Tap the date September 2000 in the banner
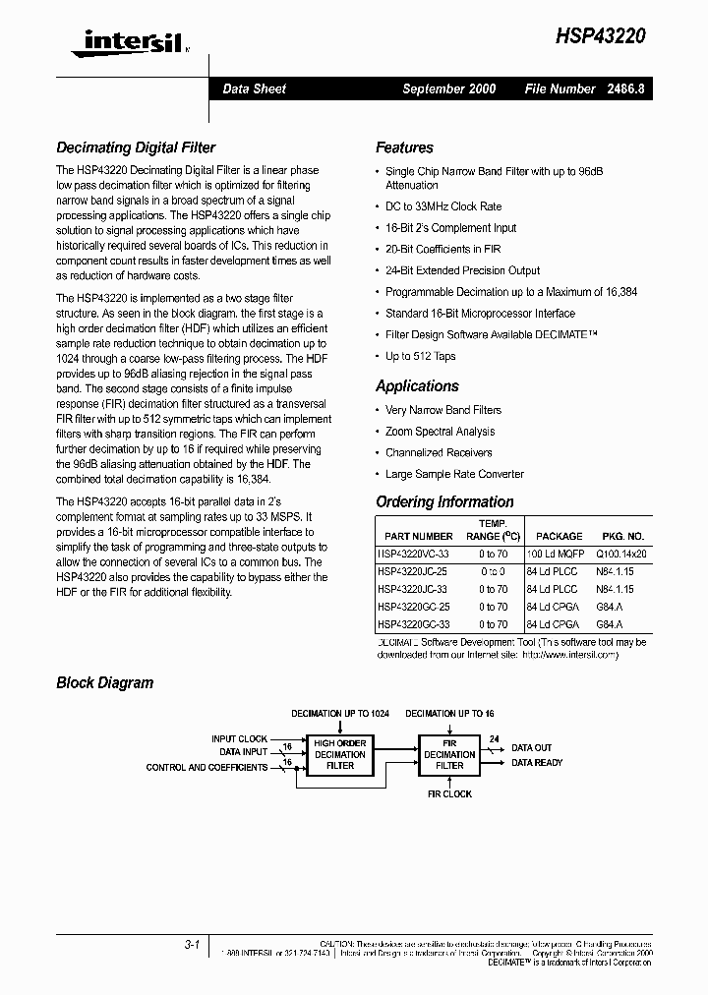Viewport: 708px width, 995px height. [x=448, y=88]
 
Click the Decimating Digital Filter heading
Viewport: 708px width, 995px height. [x=136, y=147]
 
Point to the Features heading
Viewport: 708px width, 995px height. [x=404, y=147]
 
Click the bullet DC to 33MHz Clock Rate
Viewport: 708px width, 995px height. [x=442, y=206]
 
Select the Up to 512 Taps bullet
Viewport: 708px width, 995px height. [x=420, y=356]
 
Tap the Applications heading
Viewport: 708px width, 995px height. [x=417, y=386]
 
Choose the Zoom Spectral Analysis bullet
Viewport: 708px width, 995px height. [x=440, y=432]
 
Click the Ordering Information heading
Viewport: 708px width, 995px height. [x=444, y=501]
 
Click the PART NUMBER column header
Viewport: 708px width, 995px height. [x=419, y=536]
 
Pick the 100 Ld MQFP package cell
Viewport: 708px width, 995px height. [x=555, y=554]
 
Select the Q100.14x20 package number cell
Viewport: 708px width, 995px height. [x=620, y=554]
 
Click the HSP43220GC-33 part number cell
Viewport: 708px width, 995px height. [x=414, y=624]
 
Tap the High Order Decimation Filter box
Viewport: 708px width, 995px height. [x=340, y=754]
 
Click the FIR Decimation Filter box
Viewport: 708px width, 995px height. [x=449, y=754]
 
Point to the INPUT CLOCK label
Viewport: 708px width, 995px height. [x=239, y=738]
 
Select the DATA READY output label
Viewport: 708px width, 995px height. [x=537, y=763]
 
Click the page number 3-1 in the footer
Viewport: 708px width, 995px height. [x=192, y=944]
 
